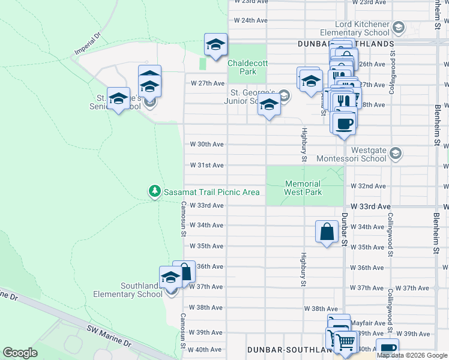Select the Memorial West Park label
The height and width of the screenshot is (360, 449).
[x=303, y=188]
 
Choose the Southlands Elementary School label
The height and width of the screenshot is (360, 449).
[x=127, y=290]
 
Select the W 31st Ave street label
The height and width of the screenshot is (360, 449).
[x=206, y=165]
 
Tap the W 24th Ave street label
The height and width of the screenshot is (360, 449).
[x=250, y=20]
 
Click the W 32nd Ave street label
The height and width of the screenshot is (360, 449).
[x=368, y=187]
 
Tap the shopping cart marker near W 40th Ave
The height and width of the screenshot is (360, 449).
[x=345, y=342]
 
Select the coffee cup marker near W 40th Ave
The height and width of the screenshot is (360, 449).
[x=387, y=348]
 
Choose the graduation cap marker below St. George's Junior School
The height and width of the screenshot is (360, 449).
[x=269, y=105]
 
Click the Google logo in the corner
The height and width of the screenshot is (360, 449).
[x=20, y=353]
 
